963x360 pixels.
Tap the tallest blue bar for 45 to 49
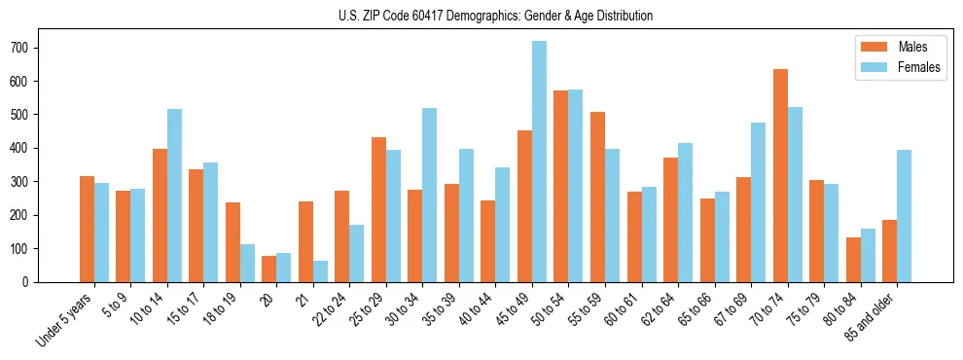539,162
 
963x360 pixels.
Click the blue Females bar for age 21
320,271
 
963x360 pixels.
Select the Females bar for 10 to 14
174,196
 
